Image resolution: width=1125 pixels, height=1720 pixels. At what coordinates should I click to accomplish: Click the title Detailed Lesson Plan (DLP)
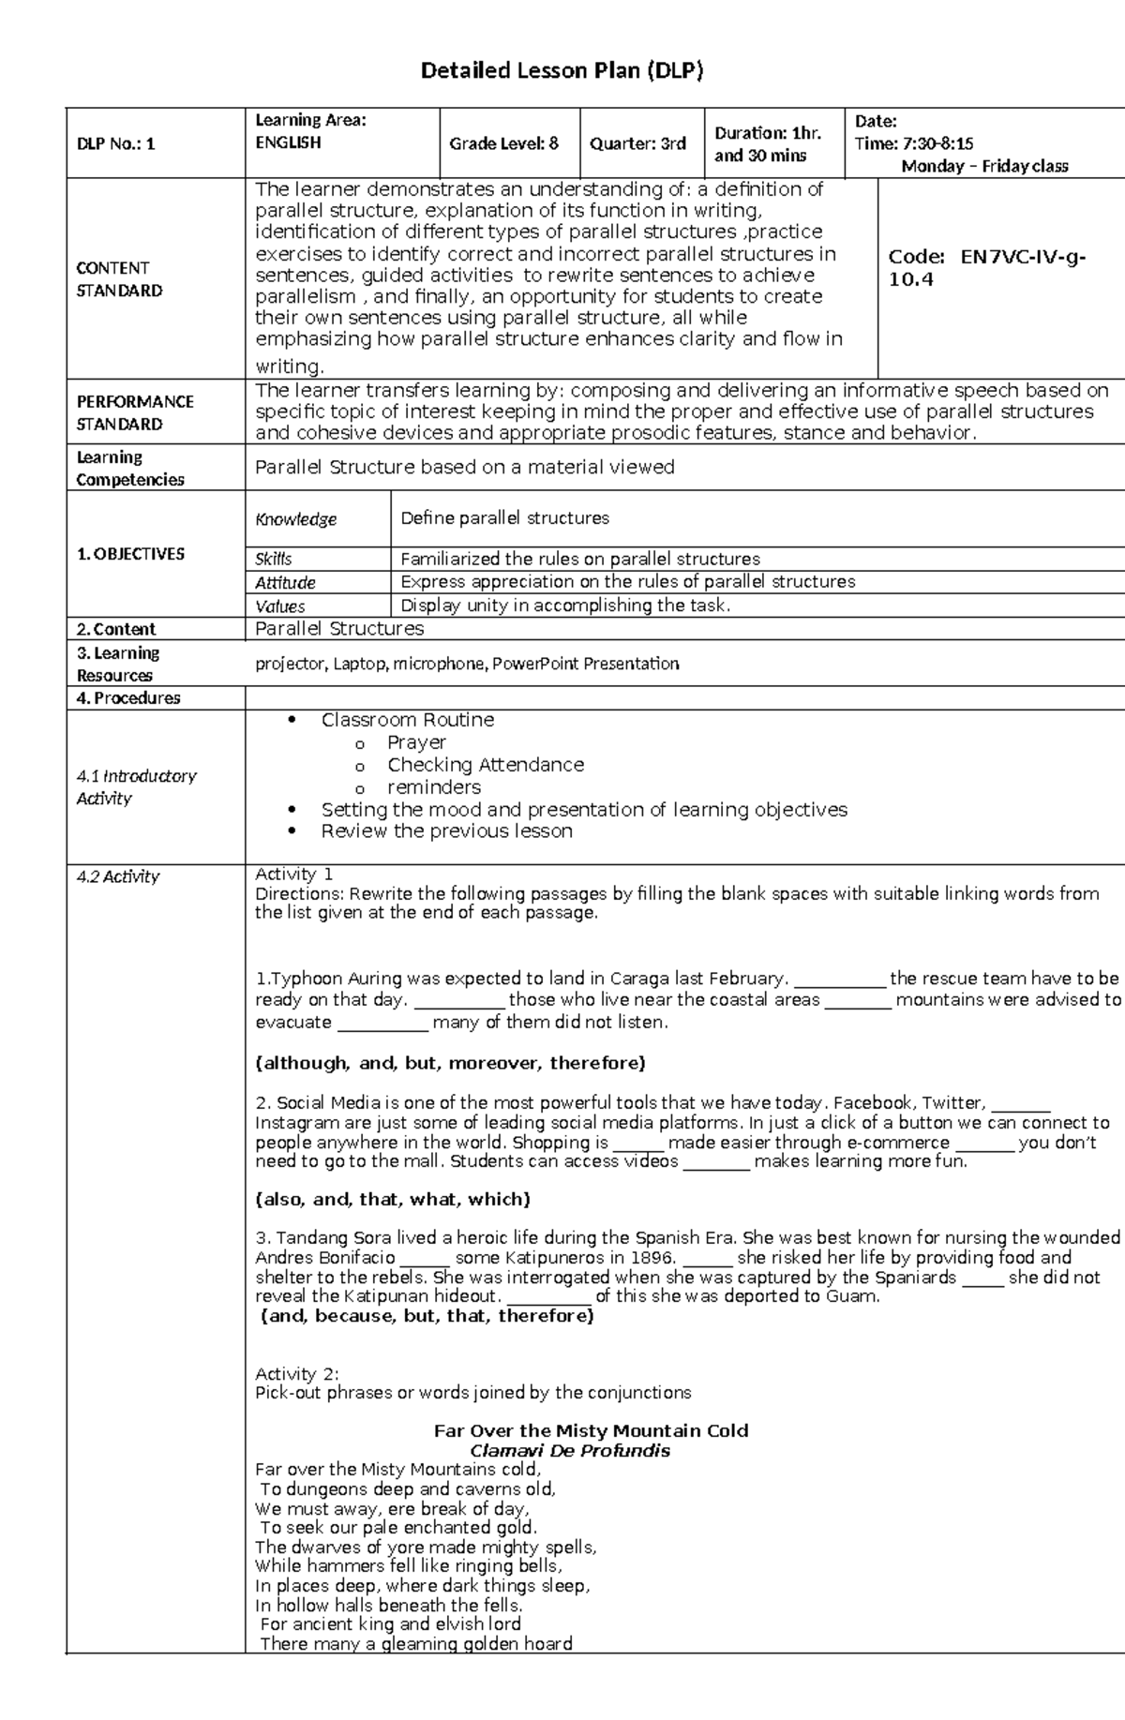(x=562, y=70)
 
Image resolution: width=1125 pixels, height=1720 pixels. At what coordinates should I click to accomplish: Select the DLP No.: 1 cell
(x=116, y=143)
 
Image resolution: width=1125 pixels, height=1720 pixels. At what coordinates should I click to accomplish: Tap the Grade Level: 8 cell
(x=503, y=143)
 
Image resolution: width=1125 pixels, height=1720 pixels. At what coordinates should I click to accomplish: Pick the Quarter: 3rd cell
(x=637, y=143)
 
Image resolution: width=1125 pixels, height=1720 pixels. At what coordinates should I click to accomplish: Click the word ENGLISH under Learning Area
(x=288, y=142)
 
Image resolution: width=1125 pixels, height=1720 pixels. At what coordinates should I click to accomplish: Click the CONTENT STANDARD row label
(x=119, y=279)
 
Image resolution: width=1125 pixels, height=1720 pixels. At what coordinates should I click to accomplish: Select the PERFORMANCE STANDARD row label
(x=135, y=412)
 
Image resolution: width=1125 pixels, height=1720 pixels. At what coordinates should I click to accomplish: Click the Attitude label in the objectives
(x=285, y=583)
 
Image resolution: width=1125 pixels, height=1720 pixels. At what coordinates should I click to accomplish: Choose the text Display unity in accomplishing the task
(x=565, y=606)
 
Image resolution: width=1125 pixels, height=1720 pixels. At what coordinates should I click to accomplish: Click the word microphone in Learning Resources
(x=439, y=664)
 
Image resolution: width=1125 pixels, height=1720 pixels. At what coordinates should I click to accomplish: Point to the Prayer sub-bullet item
(x=416, y=742)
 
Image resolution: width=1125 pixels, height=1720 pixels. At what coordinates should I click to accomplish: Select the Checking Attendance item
(x=486, y=765)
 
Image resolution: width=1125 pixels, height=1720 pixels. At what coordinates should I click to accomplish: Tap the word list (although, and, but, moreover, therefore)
(x=450, y=1063)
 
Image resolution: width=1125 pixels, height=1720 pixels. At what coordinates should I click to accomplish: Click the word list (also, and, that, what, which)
(x=393, y=1199)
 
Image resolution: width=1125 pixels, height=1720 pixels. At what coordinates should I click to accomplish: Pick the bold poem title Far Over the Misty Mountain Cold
(x=591, y=1430)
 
